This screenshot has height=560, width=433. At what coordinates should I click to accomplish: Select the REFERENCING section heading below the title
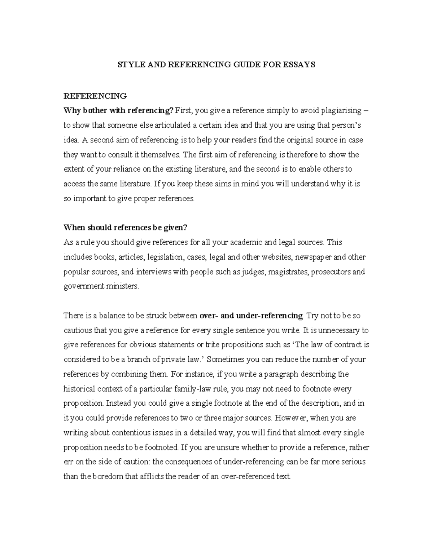95,96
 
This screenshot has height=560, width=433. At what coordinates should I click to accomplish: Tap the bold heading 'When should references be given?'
126,228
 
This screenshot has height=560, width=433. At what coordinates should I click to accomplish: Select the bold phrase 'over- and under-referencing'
251,316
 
